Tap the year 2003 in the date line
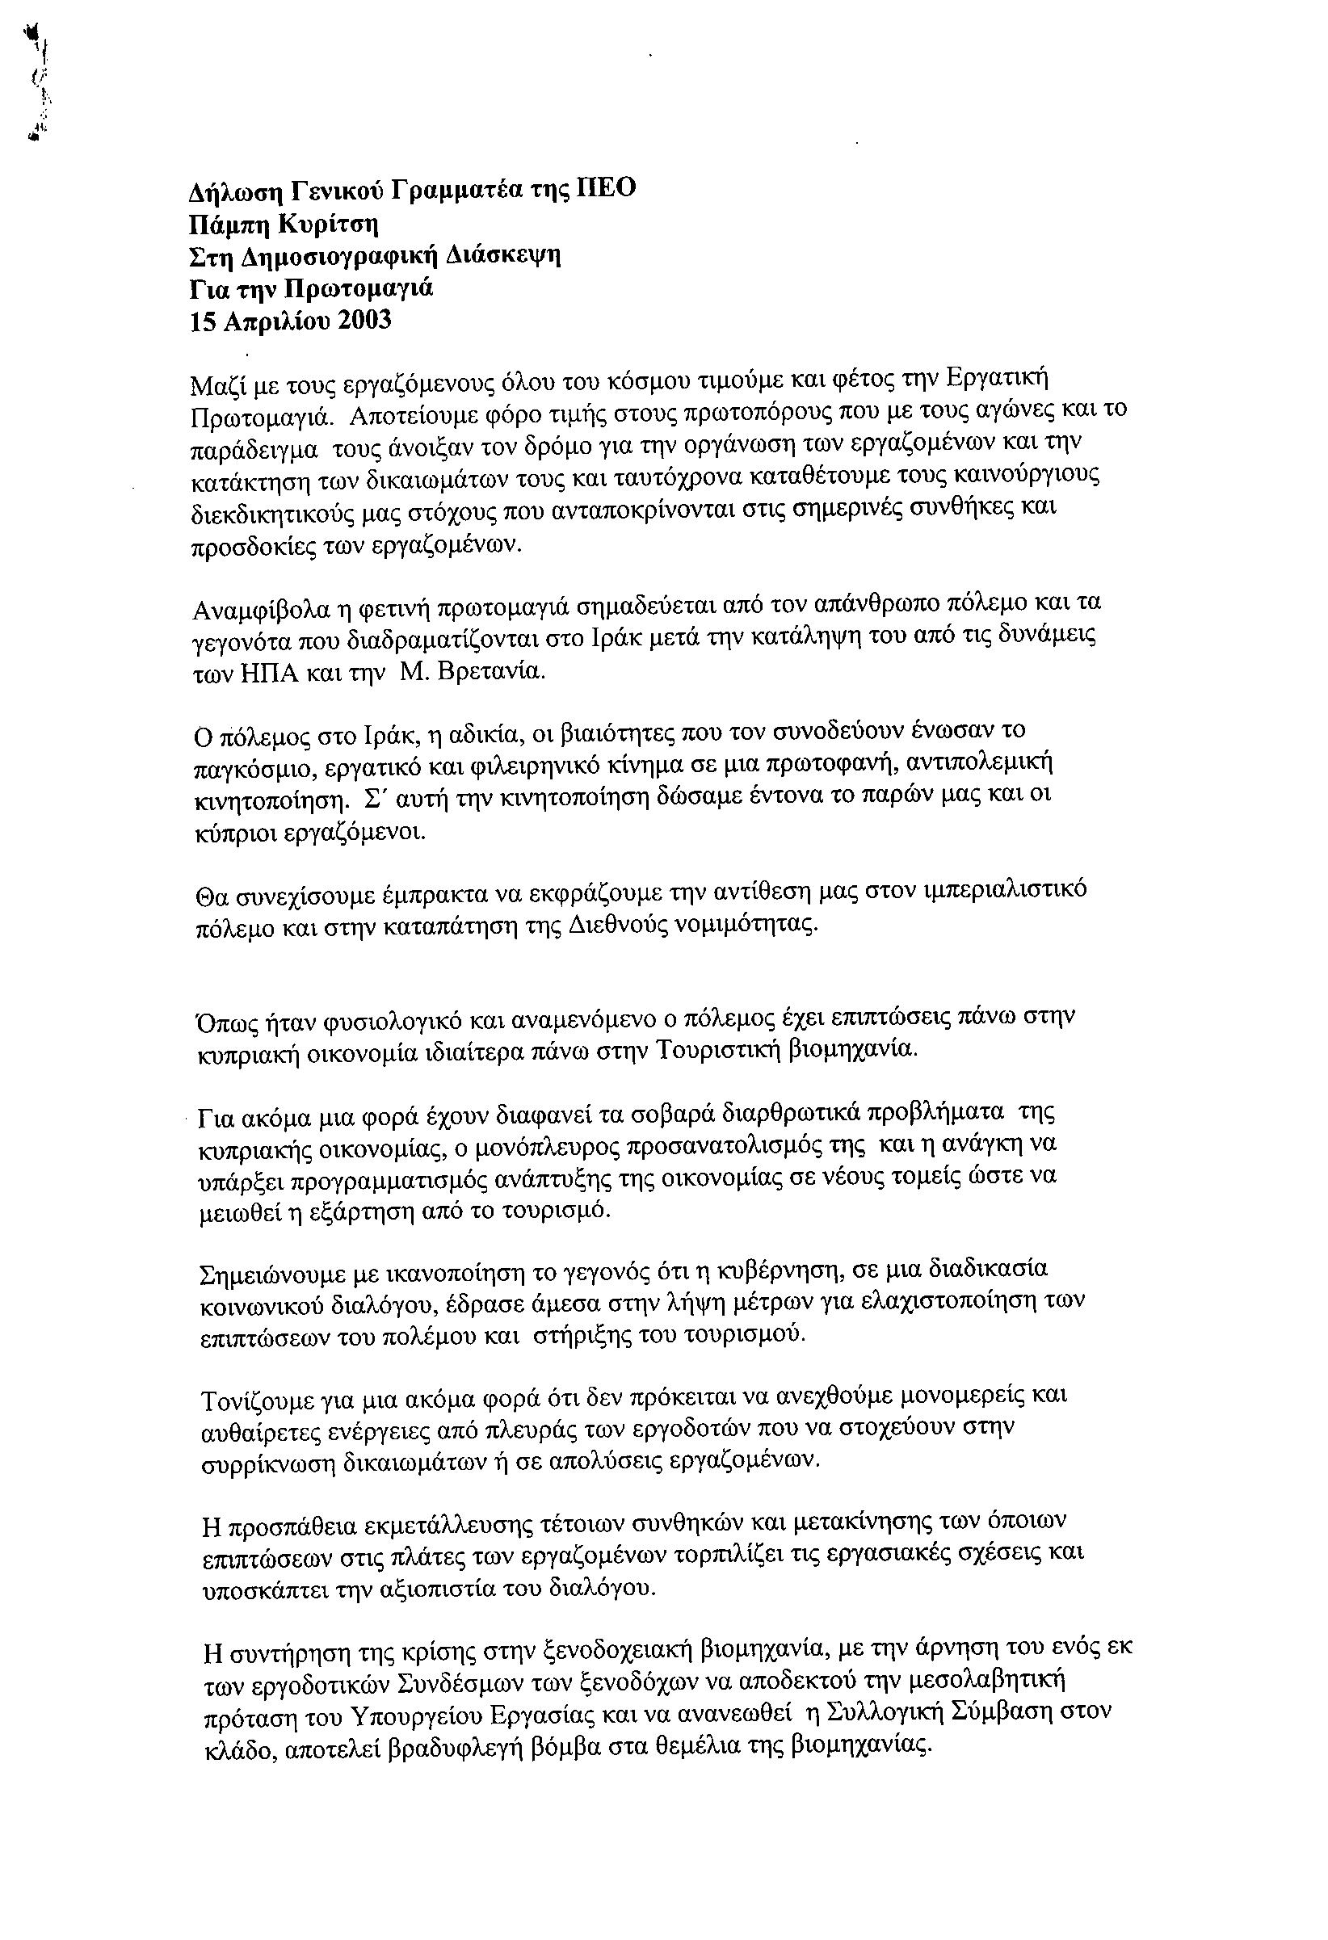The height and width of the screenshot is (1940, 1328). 364,321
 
